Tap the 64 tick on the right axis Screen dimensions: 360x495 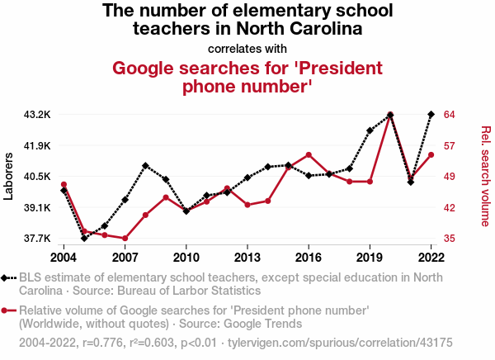pos(450,114)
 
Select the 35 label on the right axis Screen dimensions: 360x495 pos(450,239)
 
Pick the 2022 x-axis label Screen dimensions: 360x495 pos(431,257)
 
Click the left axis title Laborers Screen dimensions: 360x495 pos(9,176)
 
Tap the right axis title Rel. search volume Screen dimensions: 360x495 pos(486,176)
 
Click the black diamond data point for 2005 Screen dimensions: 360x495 pos(84,238)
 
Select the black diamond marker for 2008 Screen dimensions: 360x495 pos(145,166)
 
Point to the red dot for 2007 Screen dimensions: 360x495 pos(125,239)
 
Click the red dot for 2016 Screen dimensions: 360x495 pos(309,154)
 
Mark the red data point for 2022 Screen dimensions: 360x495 pos(431,154)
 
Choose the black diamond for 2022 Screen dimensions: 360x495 pos(431,114)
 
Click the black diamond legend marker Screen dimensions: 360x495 pos(7,277)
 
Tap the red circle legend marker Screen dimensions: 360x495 pos(7,310)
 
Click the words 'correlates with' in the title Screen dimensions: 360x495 pos(247,48)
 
